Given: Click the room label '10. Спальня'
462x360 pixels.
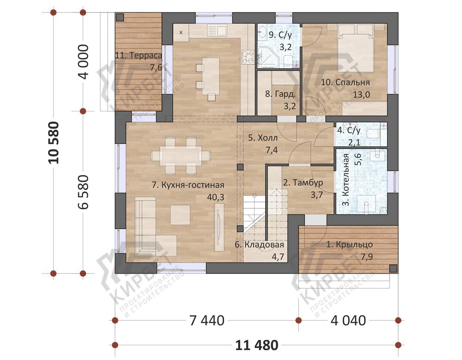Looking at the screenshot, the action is [x=345, y=82].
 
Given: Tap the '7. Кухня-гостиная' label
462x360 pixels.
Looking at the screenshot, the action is [x=188, y=185].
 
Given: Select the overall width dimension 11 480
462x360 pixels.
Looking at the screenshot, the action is [x=256, y=345].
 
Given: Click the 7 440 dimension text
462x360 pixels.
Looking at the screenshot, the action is [x=207, y=321].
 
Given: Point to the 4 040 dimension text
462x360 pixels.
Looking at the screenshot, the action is [x=348, y=321].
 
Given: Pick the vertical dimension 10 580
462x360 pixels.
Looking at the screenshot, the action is [x=55, y=143].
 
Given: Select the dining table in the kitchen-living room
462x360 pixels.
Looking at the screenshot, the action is [x=181, y=155].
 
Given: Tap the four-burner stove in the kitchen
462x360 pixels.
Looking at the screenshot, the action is [x=248, y=57].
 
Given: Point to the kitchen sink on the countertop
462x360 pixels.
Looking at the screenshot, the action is [x=217, y=30].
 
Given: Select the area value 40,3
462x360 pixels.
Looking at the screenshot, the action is [x=216, y=197].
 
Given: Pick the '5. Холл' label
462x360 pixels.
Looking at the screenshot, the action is [x=262, y=138].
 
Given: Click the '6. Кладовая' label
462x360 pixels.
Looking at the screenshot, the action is [x=259, y=244].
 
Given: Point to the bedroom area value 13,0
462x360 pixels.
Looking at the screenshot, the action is [x=362, y=94].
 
